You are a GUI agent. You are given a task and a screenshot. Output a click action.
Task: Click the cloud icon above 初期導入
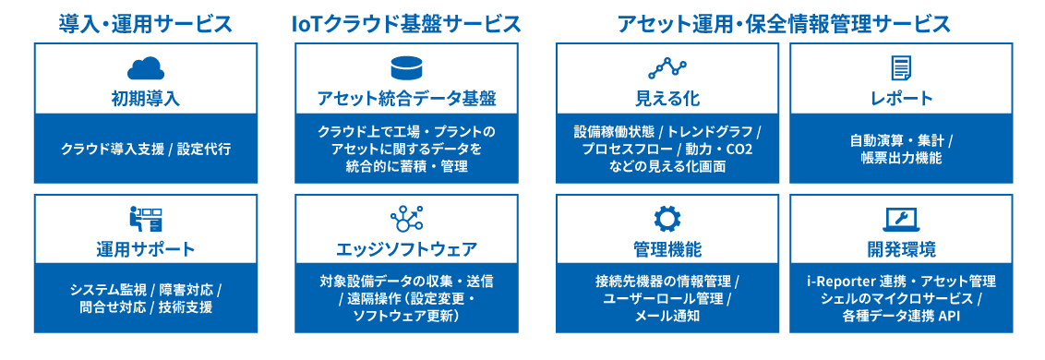145,67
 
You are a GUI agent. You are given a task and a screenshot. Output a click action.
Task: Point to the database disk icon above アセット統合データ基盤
406,67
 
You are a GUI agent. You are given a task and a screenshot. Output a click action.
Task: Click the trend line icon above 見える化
667,67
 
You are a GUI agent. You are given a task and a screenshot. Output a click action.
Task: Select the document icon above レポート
901,67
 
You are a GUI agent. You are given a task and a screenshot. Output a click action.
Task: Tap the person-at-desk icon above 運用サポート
145,219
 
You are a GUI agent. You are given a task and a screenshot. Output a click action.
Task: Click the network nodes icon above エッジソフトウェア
406,219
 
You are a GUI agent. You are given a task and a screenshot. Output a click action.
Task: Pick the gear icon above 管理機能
667,219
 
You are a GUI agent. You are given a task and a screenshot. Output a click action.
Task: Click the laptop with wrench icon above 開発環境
901,219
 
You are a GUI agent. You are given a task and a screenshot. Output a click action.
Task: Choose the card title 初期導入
145,98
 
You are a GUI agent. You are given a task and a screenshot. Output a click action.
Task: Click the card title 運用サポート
145,249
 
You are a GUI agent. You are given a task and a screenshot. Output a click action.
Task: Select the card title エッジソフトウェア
406,249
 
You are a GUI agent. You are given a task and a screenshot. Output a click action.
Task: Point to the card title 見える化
667,98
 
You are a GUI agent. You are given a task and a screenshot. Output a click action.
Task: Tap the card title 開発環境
901,249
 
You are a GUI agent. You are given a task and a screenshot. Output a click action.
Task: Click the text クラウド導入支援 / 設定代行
145,149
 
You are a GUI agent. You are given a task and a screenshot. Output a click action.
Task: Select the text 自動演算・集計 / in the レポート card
901,140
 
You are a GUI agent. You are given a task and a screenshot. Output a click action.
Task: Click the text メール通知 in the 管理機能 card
667,316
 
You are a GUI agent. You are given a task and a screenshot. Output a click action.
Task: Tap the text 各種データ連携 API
901,316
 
